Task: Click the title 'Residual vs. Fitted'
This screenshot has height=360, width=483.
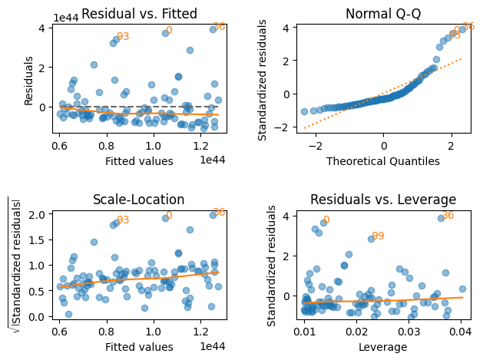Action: tap(139, 14)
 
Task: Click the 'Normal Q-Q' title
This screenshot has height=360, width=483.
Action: tap(383, 14)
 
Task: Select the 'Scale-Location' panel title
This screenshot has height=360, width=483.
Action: tap(139, 200)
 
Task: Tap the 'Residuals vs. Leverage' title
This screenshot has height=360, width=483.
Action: tap(383, 200)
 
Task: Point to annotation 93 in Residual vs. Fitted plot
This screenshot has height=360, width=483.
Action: tap(123, 37)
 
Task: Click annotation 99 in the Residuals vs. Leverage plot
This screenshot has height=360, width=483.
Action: tap(378, 236)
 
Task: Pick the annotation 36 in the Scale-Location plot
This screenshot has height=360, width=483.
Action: tap(219, 213)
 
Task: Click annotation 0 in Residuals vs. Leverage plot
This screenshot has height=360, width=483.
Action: tap(326, 220)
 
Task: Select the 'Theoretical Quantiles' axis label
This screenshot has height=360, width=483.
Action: tap(383, 161)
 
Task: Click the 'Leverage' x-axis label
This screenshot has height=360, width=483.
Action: tap(383, 348)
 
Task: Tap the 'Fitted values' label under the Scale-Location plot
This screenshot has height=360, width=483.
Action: tap(139, 348)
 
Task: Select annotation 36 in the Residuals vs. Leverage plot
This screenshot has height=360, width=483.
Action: tap(448, 216)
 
